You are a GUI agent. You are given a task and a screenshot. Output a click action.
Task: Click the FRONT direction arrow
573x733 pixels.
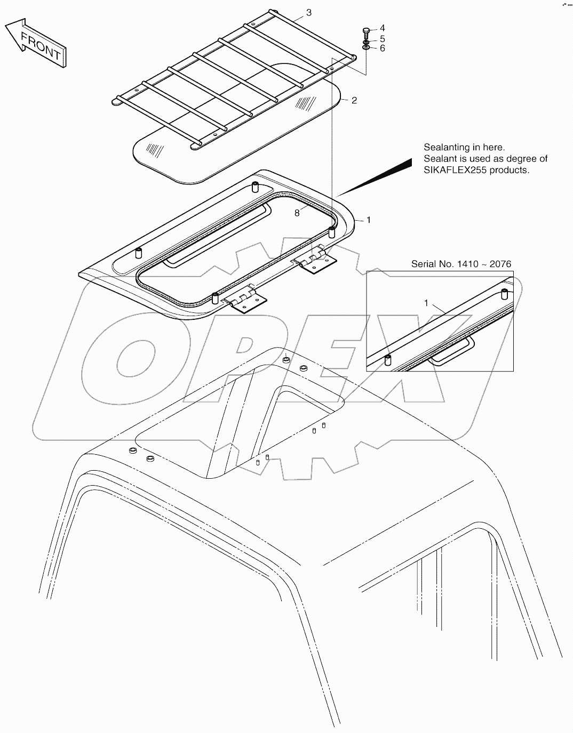pos(36,43)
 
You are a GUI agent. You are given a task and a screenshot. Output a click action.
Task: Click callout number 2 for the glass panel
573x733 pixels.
pos(354,100)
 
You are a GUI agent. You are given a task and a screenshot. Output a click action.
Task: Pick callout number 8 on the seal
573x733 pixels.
pos(297,213)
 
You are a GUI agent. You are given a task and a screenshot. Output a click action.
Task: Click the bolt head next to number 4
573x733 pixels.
pos(366,30)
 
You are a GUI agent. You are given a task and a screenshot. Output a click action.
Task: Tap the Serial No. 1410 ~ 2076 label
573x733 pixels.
pos(461,264)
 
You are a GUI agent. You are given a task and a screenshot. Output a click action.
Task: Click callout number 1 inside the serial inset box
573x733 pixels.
pos(426,303)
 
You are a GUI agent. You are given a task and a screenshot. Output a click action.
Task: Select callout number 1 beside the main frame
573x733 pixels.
pos(368,220)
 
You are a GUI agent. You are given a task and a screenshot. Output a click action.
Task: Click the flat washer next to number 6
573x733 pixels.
pos(367,48)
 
